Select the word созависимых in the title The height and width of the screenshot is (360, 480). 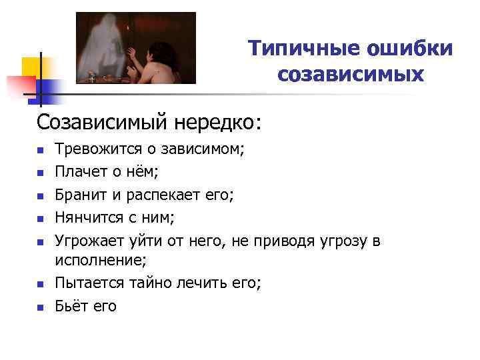(351, 74)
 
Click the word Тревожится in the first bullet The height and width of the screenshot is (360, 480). (97, 149)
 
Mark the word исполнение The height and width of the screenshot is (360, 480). (99, 261)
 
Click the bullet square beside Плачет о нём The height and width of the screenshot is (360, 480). (41, 173)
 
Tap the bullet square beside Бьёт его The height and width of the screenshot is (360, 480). (41, 307)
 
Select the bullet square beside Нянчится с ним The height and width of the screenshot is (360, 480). (41, 219)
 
